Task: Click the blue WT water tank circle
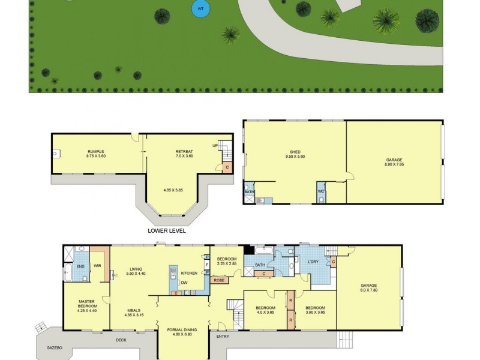[x=200, y=8]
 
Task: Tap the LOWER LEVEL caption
[x=166, y=230]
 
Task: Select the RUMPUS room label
[x=96, y=151]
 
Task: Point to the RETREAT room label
[x=184, y=151]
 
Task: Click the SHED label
[x=295, y=152]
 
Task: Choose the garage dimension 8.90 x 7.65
[x=394, y=164]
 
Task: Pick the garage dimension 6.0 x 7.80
[x=370, y=289]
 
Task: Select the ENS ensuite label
[x=80, y=266]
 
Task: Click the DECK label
[x=121, y=340]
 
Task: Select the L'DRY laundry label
[x=313, y=263]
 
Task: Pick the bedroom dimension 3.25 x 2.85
[x=227, y=263]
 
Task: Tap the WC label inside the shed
[x=321, y=192]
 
